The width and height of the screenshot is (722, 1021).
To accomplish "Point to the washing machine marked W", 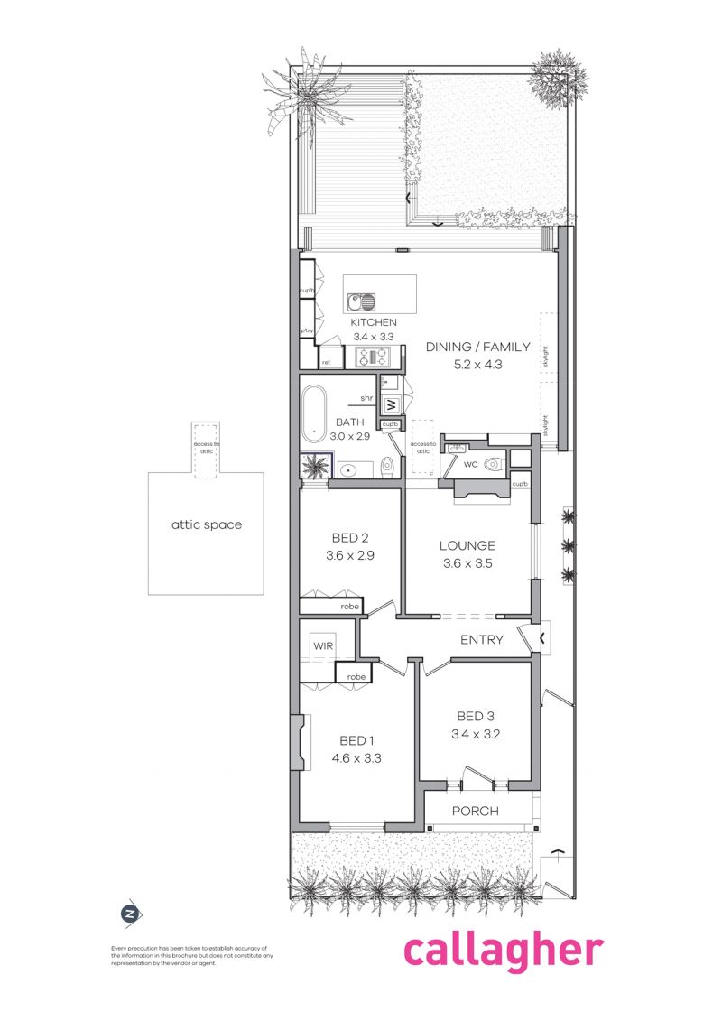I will pos(392,404).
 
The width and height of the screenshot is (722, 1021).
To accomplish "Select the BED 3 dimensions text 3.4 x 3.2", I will pos(475,734).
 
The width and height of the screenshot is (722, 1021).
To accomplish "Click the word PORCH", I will pos(475,811).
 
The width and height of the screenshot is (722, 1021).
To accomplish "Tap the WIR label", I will pos(323,647).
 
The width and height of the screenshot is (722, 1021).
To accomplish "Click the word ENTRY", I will pos(482,640).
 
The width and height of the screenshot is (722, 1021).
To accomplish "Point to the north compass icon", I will pos(132,914).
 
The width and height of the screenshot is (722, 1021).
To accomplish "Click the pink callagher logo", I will pos(503,951).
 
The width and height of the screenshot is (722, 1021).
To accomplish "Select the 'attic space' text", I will pos(207,524).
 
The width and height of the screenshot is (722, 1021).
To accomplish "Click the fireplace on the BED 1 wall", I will pos(295,742).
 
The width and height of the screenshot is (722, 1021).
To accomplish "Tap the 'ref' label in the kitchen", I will pos(327,362).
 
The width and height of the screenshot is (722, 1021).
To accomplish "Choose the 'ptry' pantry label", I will pos(307,331).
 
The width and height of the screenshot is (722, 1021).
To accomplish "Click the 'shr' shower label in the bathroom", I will pos(367,397).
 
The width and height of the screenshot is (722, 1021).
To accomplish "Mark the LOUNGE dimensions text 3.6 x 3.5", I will pos(467,562).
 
